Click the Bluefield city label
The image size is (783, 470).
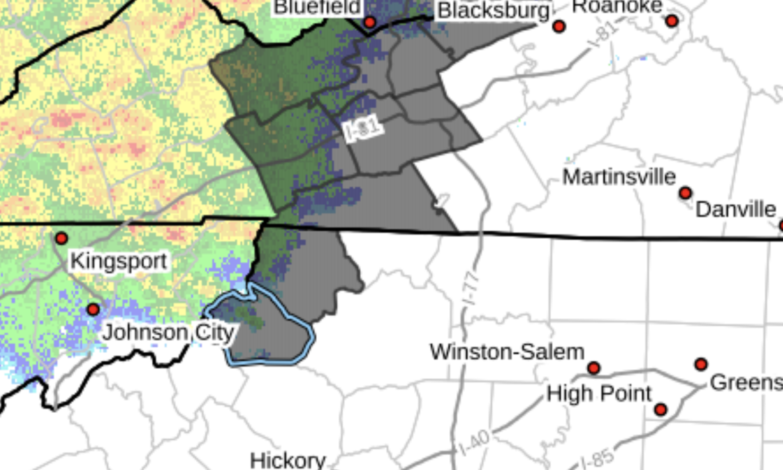(317, 7)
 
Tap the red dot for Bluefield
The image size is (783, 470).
(370, 22)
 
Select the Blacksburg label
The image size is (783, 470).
(493, 10)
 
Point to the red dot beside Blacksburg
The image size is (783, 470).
(559, 26)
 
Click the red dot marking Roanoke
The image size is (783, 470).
(672, 21)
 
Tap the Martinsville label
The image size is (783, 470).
(619, 177)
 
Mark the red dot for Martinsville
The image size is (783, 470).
(685, 193)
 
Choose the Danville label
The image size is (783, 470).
(736, 209)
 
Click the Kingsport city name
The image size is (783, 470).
(119, 261)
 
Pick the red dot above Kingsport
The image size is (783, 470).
(62, 238)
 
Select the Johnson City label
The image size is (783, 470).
(168, 333)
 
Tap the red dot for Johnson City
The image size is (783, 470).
(93, 309)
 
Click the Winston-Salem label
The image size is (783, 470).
(507, 352)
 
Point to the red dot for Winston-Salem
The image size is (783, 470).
(594, 368)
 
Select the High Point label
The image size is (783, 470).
(599, 394)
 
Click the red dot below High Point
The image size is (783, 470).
(660, 409)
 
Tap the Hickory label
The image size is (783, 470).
(288, 460)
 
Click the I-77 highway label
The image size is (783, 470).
(470, 288)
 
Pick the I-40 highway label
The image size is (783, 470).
(474, 442)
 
